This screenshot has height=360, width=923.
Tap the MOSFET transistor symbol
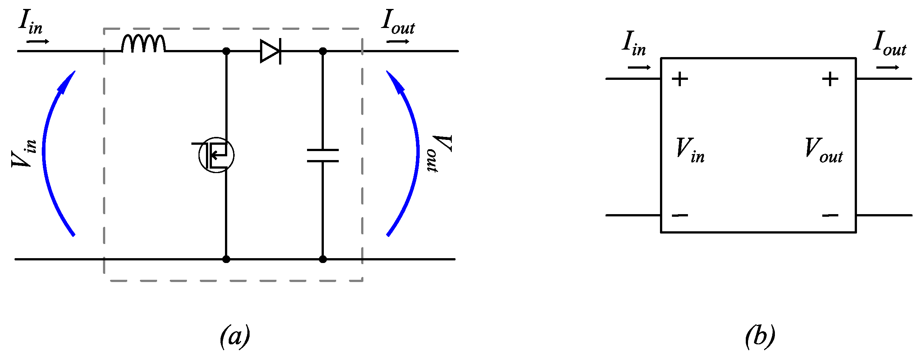pos(217,155)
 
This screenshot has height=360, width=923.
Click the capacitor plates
pos(323,156)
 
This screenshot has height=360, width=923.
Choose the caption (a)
pos(235,336)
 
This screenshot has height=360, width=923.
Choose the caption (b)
pos(760,336)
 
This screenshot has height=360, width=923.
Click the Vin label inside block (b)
pos(690,150)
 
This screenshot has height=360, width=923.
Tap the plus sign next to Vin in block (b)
pos(680,79)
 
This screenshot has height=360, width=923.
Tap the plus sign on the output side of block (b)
pos(830,79)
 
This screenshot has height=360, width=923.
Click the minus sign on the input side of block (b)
pos(680,215)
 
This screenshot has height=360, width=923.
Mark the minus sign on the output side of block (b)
pos(830,215)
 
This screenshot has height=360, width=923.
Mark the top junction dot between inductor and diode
pos(226,51)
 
